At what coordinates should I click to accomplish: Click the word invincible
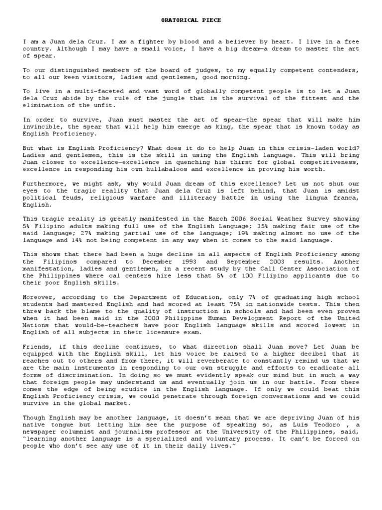pos(42,127)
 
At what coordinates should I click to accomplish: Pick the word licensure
pos(156,332)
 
